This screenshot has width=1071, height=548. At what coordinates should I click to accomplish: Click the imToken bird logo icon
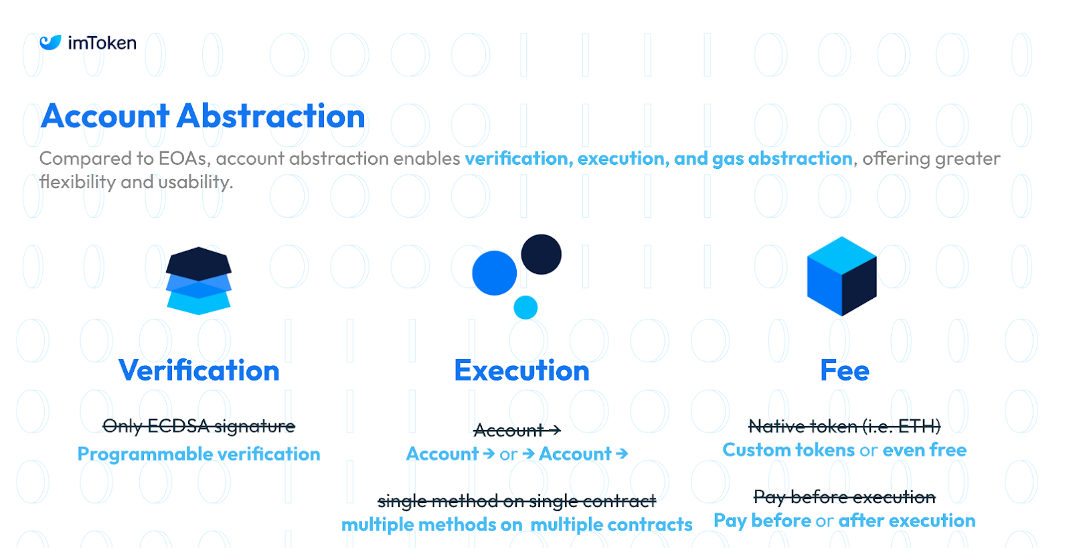pyautogui.click(x=50, y=43)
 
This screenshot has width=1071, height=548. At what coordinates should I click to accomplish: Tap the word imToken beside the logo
pyautogui.click(x=102, y=43)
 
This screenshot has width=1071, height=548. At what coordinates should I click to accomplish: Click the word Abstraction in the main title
pyautogui.click(x=270, y=117)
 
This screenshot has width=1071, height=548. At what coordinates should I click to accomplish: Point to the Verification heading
pyautogui.click(x=199, y=370)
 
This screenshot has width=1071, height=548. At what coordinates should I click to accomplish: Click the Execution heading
pyautogui.click(x=521, y=370)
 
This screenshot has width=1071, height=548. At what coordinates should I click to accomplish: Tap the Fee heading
pyautogui.click(x=845, y=370)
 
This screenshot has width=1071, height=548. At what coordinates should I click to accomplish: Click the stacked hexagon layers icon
pyautogui.click(x=198, y=281)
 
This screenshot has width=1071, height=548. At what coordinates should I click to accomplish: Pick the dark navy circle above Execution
pyautogui.click(x=542, y=254)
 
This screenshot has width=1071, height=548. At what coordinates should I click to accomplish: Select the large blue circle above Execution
pyautogui.click(x=495, y=273)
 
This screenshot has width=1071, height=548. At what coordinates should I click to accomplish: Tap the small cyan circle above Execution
pyautogui.click(x=525, y=307)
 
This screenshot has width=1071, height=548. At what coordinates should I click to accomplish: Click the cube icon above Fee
pyautogui.click(x=842, y=276)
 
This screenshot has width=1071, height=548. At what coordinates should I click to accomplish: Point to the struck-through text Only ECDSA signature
pyautogui.click(x=199, y=425)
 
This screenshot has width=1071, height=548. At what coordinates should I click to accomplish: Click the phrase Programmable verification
pyautogui.click(x=199, y=454)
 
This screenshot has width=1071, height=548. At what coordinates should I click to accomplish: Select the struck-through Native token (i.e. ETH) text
pyautogui.click(x=844, y=425)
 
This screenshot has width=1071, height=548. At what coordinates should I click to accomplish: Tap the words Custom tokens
pyautogui.click(x=789, y=450)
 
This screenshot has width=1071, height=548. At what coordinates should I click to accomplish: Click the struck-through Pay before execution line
pyautogui.click(x=844, y=497)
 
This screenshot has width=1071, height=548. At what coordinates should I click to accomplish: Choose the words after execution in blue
pyautogui.click(x=907, y=521)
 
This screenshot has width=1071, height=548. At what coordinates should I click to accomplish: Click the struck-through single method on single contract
pyautogui.click(x=517, y=501)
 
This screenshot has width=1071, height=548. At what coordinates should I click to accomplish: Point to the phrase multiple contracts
pyautogui.click(x=612, y=525)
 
